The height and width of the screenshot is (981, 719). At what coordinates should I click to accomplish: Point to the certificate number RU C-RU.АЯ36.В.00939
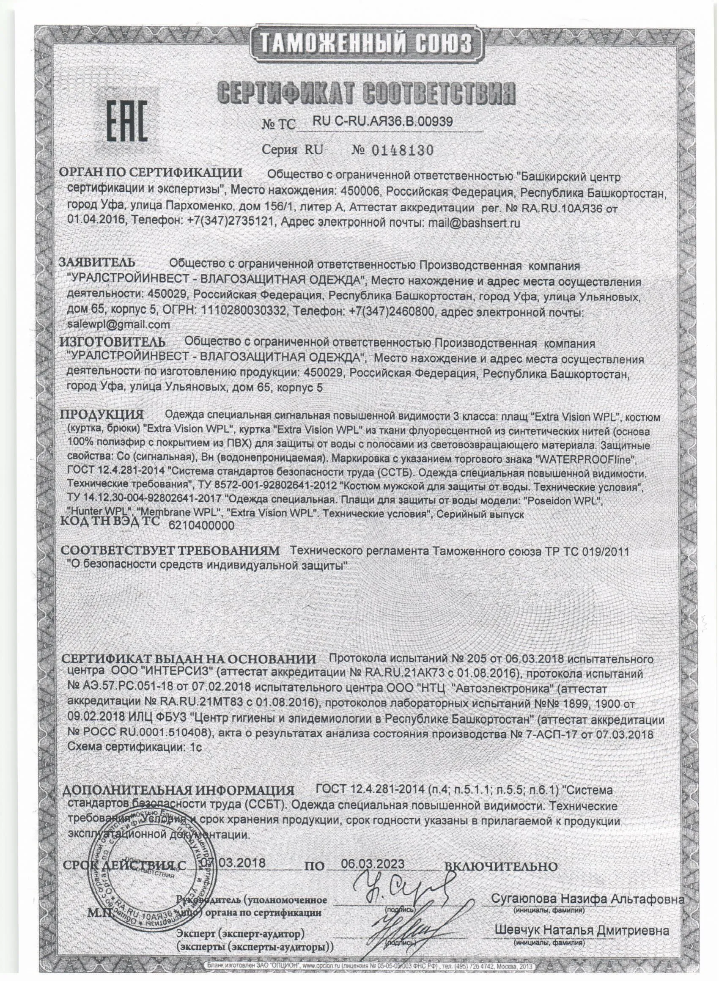pyautogui.click(x=383, y=122)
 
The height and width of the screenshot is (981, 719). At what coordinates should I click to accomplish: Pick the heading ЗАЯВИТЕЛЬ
pyautogui.click(x=98, y=263)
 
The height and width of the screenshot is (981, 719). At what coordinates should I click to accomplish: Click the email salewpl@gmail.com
pyautogui.click(x=119, y=325)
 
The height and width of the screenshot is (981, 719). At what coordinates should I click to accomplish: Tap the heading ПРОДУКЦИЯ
pyautogui.click(x=102, y=414)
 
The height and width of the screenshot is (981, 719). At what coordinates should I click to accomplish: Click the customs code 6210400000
pyautogui.click(x=201, y=526)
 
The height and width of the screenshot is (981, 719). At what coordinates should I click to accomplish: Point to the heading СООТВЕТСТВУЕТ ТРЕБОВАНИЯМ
pyautogui.click(x=170, y=551)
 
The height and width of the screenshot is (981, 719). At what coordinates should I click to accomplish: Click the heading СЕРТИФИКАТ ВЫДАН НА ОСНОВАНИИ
pyautogui.click(x=189, y=659)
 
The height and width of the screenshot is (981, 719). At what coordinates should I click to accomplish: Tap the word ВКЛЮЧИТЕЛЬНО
pyautogui.click(x=501, y=855)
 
